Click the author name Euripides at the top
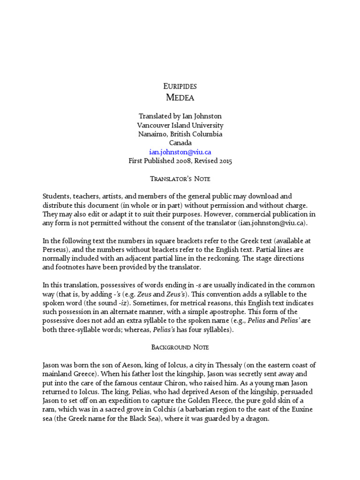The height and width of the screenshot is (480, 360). pyautogui.click(x=180, y=86)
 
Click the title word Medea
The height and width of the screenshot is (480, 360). pyautogui.click(x=180, y=97)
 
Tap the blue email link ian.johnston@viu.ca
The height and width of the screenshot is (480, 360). pyautogui.click(x=180, y=152)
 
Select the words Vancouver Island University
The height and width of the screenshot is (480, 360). pyautogui.click(x=180, y=125)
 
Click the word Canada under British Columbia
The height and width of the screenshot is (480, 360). pyautogui.click(x=180, y=143)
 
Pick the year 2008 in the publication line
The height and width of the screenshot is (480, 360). pyautogui.click(x=189, y=161)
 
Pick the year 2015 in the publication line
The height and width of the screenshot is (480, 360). pyautogui.click(x=224, y=161)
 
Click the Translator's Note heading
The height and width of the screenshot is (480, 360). pyautogui.click(x=180, y=179)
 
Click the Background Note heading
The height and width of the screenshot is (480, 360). pyautogui.click(x=180, y=347)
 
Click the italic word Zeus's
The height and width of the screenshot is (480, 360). pyautogui.click(x=177, y=294)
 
